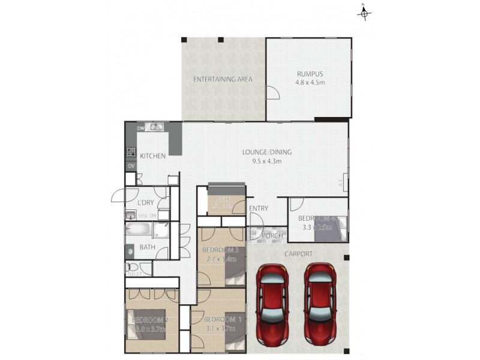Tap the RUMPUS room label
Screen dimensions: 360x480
pyautogui.click(x=308, y=74)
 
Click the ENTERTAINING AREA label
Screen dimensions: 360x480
pyautogui.click(x=223, y=79)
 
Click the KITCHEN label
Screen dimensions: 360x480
pyautogui.click(x=153, y=156)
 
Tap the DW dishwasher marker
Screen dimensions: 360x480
pyautogui.click(x=141, y=128)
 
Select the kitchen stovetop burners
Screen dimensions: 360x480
pyautogui.click(x=131, y=152)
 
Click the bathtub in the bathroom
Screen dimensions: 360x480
pyautogui.click(x=139, y=230)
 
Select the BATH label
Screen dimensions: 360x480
pyautogui.click(x=148, y=247)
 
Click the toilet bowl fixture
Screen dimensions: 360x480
pyautogui.click(x=132, y=267)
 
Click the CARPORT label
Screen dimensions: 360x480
pyautogui.click(x=298, y=254)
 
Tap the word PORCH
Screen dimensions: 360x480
pyautogui.click(x=273, y=236)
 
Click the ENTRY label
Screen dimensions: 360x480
pyautogui.click(x=259, y=208)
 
